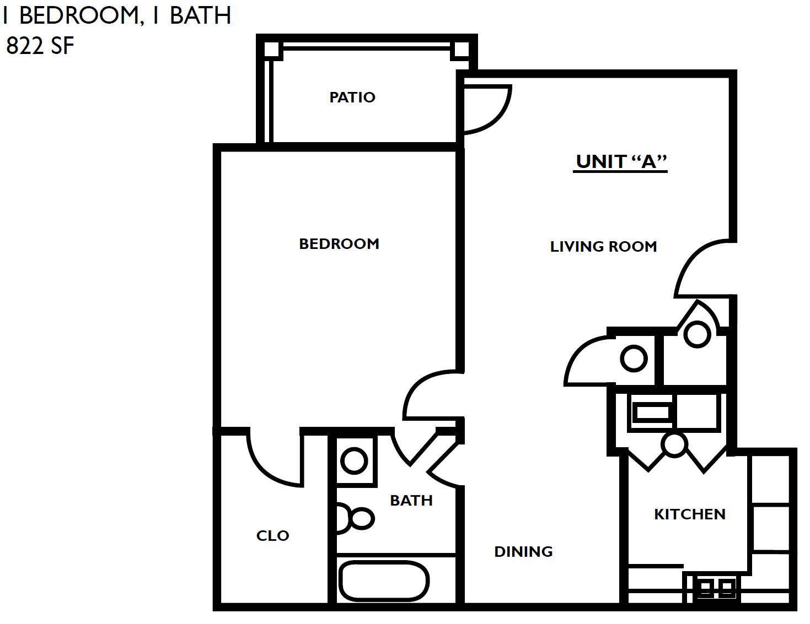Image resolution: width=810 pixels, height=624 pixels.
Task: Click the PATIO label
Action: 352,97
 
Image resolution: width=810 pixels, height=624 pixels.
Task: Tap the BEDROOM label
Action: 339,244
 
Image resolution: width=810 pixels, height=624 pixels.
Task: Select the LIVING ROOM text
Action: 603,247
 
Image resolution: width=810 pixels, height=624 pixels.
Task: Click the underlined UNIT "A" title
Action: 621,162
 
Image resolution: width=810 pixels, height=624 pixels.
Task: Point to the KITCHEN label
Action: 689,514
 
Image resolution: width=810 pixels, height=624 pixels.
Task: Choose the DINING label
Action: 523,552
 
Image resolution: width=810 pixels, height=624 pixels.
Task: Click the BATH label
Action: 411,501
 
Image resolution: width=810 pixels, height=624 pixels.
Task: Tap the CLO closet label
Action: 272,536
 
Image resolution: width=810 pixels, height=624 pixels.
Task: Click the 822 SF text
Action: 40,46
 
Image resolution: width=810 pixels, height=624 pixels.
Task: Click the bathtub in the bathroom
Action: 384,581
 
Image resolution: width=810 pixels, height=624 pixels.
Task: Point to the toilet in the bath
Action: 353,518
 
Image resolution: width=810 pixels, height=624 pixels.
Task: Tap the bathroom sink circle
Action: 354,460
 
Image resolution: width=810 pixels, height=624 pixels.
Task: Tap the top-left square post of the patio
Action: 271,50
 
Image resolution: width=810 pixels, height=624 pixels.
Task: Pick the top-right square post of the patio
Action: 461,50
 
